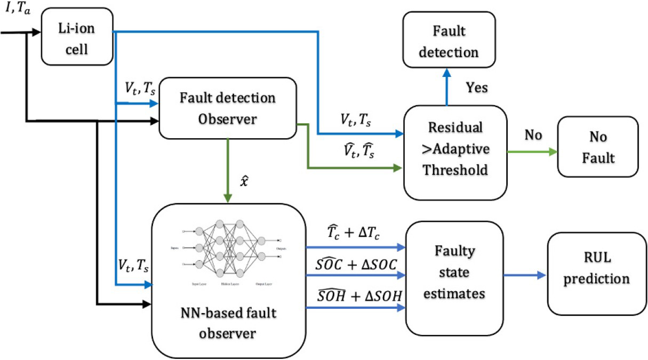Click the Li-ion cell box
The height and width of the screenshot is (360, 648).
coord(77,34)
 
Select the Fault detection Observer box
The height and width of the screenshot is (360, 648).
coord(228,108)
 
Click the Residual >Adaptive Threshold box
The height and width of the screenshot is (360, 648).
coord(455,151)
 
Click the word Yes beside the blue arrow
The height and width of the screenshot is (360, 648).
coord(476,87)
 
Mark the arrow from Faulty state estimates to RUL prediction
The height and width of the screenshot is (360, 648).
coord(526,275)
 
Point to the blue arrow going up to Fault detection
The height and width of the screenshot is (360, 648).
coord(447,90)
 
